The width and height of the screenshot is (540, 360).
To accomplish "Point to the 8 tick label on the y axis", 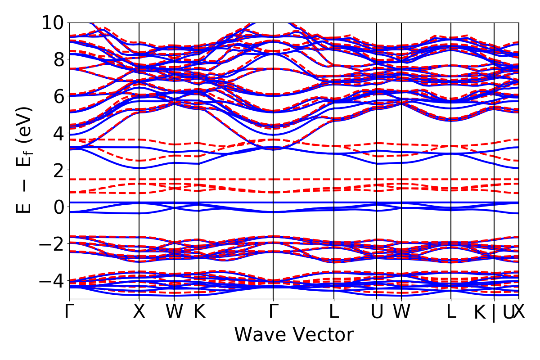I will (x=57, y=59).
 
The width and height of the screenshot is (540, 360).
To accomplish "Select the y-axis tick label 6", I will (x=57, y=96).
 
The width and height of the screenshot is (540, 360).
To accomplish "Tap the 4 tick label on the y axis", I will (x=57, y=133).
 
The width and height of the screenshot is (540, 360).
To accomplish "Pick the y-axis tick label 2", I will (x=57, y=170).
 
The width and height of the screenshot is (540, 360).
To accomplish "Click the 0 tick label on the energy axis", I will (x=57, y=207).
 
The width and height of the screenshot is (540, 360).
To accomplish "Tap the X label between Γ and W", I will (x=139, y=312).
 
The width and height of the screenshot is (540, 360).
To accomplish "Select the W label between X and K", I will (x=174, y=312).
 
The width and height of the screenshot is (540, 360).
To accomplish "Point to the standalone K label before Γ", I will (x=199, y=312).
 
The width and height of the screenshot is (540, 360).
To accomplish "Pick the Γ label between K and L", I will (x=273, y=312).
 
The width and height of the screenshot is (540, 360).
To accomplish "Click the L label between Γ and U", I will (x=334, y=312).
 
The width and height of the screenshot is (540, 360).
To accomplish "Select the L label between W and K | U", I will (x=451, y=312).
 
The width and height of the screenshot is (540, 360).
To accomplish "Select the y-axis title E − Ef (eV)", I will (x=25, y=160).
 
